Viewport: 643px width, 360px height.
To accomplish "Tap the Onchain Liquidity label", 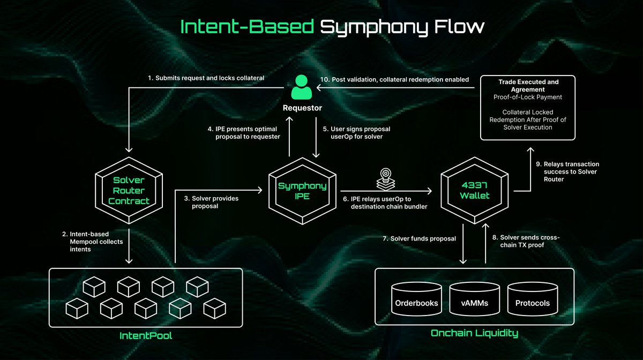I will pos(474,333).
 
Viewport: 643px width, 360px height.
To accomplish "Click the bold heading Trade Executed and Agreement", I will pos(528,86).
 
